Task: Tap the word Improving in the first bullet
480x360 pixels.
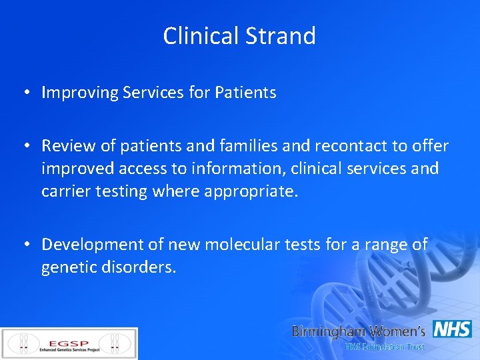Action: [79, 93]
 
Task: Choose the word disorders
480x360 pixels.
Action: [143, 267]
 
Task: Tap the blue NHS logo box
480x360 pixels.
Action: [452, 329]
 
